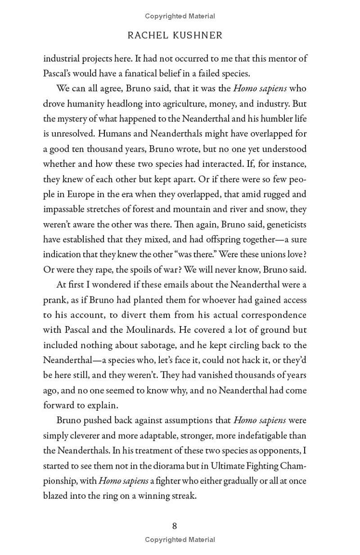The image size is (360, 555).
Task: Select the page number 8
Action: click(175, 526)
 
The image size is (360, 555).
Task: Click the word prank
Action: click(54, 300)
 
